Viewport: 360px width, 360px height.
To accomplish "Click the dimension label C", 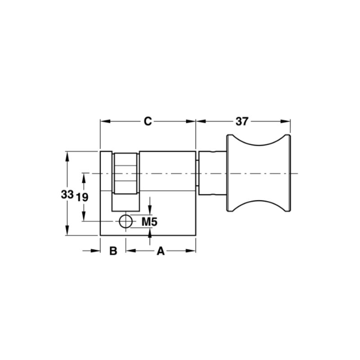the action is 148,121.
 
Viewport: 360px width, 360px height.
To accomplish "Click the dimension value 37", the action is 242,121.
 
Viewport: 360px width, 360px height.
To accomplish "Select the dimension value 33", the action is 67,194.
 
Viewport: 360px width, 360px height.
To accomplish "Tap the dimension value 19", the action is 82,197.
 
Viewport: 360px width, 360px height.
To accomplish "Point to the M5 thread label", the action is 149,222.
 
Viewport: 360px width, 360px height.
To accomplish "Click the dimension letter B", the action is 113,251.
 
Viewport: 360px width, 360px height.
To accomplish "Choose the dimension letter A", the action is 161,251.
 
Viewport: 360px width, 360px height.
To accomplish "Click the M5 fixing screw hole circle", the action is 126,221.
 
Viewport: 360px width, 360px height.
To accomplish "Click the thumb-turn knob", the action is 259,173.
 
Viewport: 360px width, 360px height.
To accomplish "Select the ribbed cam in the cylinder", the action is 126,174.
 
